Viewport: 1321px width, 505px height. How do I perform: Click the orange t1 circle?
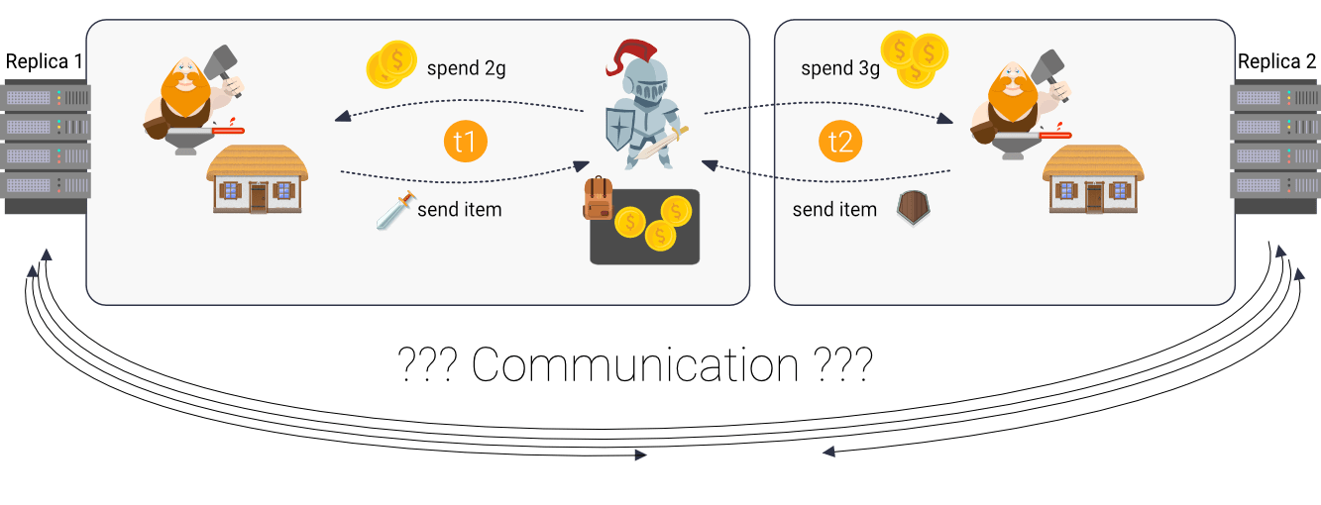click(465, 142)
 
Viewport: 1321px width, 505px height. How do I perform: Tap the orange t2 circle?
click(840, 142)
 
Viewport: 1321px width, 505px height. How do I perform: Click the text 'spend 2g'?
click(466, 69)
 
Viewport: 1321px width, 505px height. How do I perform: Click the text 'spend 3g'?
click(840, 69)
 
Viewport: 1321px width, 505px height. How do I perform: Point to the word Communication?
click(634, 365)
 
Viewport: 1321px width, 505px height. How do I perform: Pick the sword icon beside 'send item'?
click(393, 210)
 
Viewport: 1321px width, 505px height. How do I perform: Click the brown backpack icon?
click(598, 199)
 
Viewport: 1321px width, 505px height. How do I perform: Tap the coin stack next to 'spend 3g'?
click(915, 58)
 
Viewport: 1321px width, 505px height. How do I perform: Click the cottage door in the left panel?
click(258, 197)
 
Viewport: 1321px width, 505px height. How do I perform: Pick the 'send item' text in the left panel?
click(460, 210)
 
